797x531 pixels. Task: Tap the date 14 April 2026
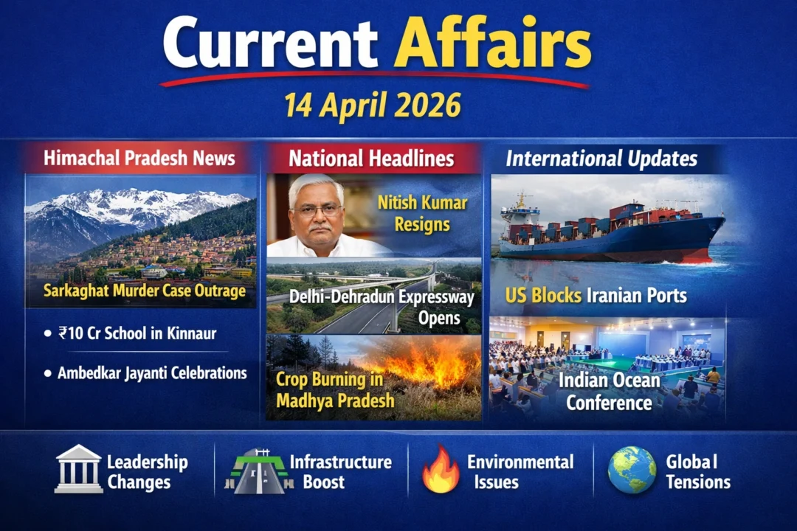coord(373,106)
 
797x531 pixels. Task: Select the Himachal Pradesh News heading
coord(139,158)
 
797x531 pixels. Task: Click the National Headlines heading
coord(371,159)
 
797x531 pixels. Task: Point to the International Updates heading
coord(602,159)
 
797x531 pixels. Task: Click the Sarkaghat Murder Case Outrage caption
coord(144,291)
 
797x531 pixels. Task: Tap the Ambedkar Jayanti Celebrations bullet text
coord(152,372)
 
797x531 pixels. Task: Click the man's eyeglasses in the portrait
coord(317,209)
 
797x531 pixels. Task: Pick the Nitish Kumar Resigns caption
coord(422,212)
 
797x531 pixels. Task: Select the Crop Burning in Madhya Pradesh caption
coord(335,390)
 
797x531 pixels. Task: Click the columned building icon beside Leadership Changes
coord(78,469)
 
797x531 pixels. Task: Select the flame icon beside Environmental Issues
coord(441,471)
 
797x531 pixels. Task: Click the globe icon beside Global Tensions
coord(632,470)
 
